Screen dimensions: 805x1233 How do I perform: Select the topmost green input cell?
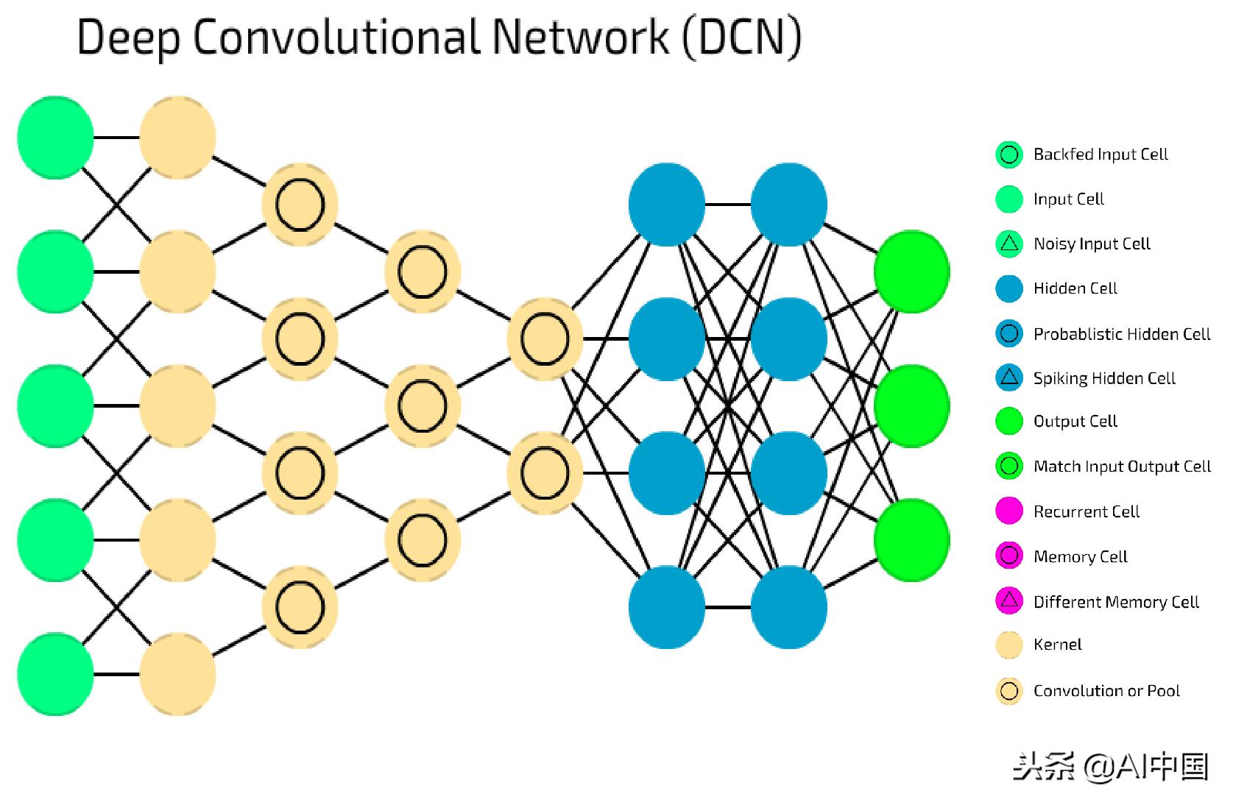[x=55, y=137]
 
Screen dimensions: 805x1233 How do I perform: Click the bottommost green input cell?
[x=55, y=674]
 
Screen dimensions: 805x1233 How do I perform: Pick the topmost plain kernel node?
[x=177, y=137]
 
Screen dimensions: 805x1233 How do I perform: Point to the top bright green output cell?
[x=911, y=272]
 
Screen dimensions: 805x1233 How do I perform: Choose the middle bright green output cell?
[x=911, y=405]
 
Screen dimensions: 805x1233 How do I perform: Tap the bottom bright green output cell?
[x=911, y=540]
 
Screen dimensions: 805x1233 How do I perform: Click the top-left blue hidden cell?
[x=667, y=204]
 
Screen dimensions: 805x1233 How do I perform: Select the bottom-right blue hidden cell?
[x=789, y=607]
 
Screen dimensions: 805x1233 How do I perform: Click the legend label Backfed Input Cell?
[x=1100, y=155]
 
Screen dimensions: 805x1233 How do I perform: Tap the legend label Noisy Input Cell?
[x=1092, y=244]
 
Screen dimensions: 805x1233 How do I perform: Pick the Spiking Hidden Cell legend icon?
[x=1009, y=377]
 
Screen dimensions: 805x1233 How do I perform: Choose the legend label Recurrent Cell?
[x=1086, y=511]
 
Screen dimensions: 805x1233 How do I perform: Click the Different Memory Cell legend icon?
[x=1009, y=601]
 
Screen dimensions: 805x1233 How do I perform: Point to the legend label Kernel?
[x=1057, y=645]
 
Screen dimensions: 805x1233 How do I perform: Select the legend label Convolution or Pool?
[x=1106, y=691]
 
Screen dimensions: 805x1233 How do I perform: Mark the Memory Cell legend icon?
[x=1009, y=556]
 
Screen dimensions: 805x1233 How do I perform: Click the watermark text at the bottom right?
[x=1111, y=767]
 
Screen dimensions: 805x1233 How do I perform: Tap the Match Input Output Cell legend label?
[x=1122, y=467]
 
